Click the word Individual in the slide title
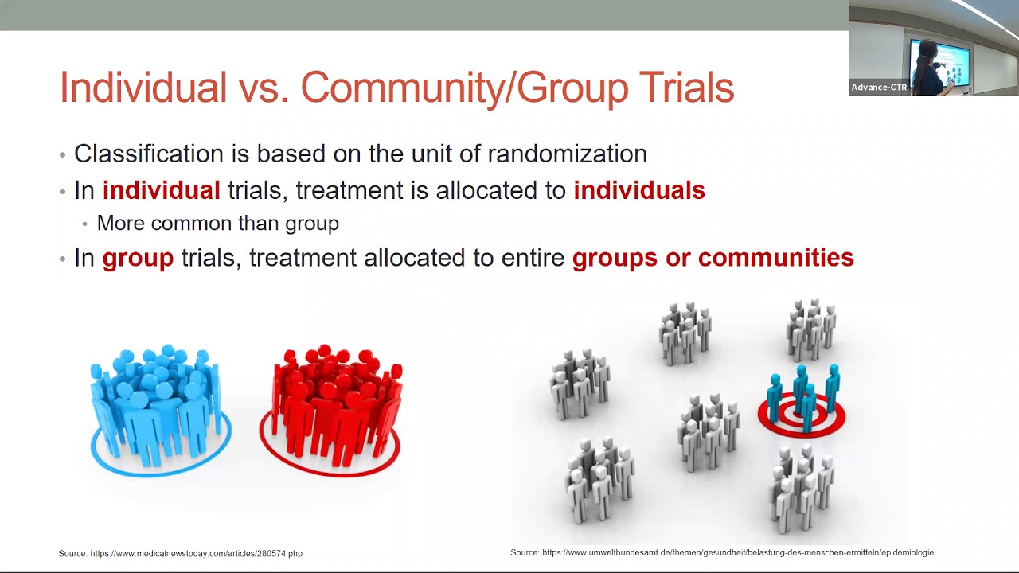click(143, 88)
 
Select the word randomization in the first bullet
click(567, 154)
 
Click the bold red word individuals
click(638, 191)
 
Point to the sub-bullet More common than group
click(217, 224)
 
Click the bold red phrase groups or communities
click(713, 258)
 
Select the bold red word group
click(138, 258)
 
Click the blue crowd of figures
click(159, 406)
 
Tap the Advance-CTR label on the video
click(879, 88)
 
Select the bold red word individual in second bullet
click(161, 191)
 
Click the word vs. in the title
click(264, 88)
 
